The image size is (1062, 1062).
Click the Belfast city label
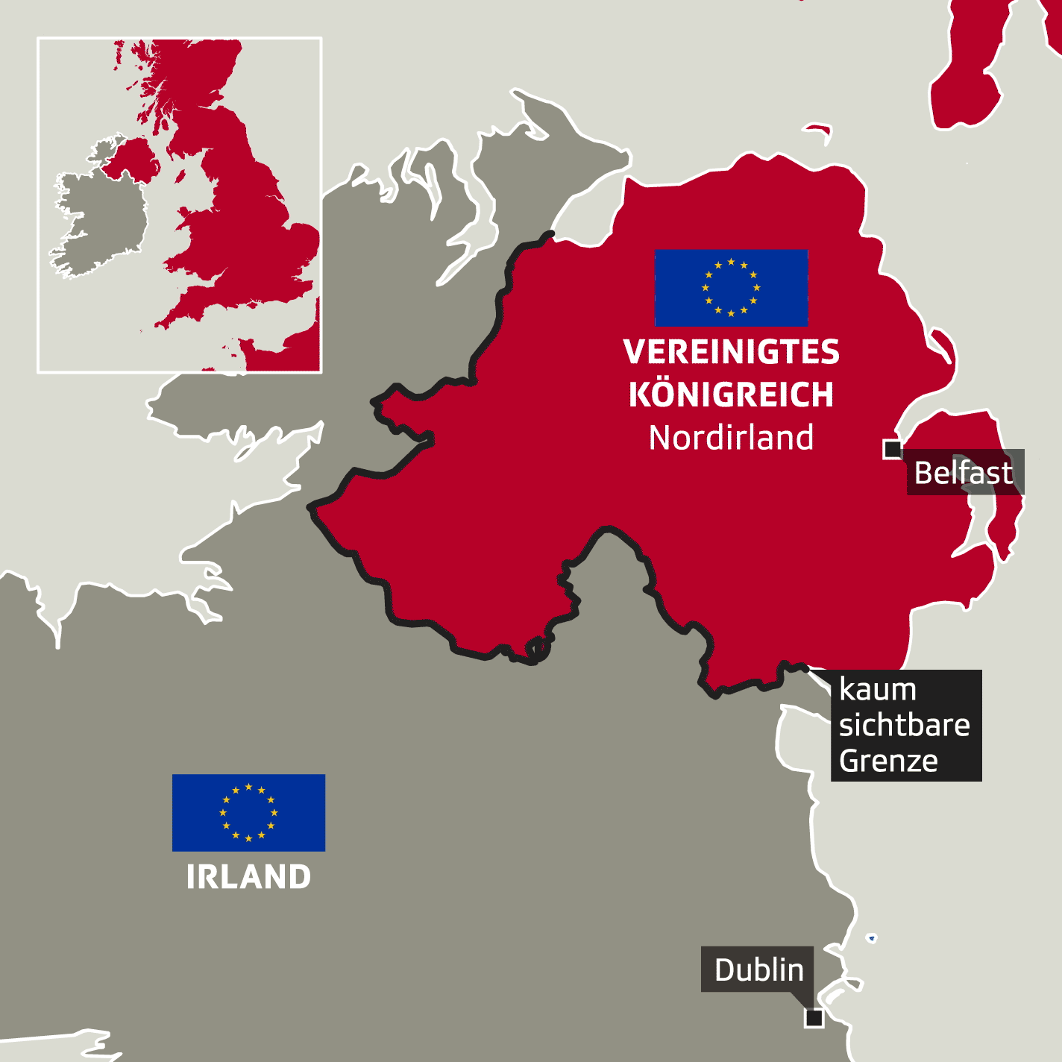964,472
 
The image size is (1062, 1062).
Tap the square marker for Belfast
892,449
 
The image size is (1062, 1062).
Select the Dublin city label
758,970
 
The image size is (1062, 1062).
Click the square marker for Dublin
814,1017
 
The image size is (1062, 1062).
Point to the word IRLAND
248,877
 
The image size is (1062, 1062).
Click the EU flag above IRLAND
248,812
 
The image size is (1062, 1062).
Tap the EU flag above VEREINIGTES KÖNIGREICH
731,287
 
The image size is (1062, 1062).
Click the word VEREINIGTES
731,352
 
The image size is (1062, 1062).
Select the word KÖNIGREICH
731,395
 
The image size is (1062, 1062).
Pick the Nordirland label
731,438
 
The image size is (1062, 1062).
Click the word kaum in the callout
877,690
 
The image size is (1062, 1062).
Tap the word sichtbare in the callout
904,725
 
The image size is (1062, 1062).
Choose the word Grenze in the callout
888,761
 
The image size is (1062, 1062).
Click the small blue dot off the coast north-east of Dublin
871,937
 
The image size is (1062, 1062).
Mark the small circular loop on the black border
537,650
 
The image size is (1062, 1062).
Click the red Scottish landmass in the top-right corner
984,67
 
